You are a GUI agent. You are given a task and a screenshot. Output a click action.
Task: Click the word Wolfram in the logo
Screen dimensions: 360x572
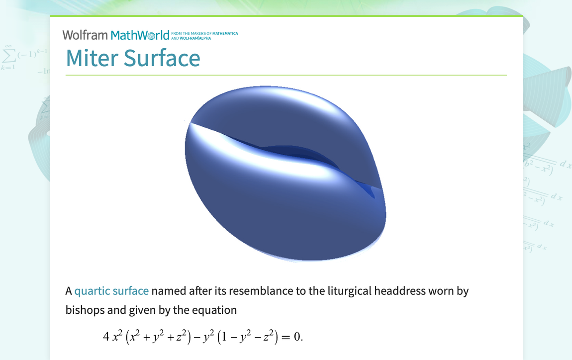click(x=85, y=35)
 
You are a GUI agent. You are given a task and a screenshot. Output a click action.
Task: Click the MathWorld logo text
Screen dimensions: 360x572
click(x=140, y=35)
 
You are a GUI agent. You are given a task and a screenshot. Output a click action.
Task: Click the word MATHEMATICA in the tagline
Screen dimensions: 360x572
click(x=225, y=34)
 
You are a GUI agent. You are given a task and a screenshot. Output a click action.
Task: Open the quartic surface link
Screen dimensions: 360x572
click(x=111, y=291)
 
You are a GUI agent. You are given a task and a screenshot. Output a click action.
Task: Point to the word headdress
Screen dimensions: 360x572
click(x=401, y=291)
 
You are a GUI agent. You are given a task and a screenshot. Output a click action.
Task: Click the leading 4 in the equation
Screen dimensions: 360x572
click(x=106, y=337)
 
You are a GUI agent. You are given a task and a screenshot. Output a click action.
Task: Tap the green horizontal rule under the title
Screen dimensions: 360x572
click(x=286, y=75)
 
